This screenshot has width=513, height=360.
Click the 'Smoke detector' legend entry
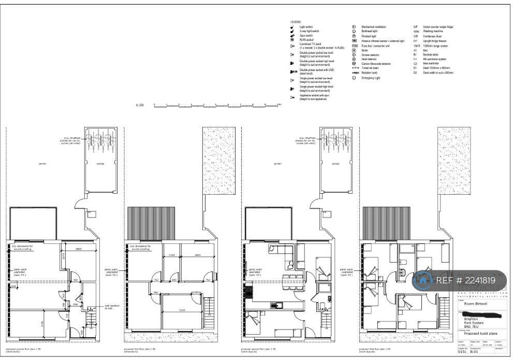(370, 55)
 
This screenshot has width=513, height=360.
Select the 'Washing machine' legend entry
(430, 32)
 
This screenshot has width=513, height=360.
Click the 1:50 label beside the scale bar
(139, 105)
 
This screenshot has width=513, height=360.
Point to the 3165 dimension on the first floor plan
(182, 309)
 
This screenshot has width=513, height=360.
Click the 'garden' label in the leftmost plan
(42, 164)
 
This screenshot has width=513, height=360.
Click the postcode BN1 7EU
(471, 326)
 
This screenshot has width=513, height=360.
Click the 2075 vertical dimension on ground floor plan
(63, 255)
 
